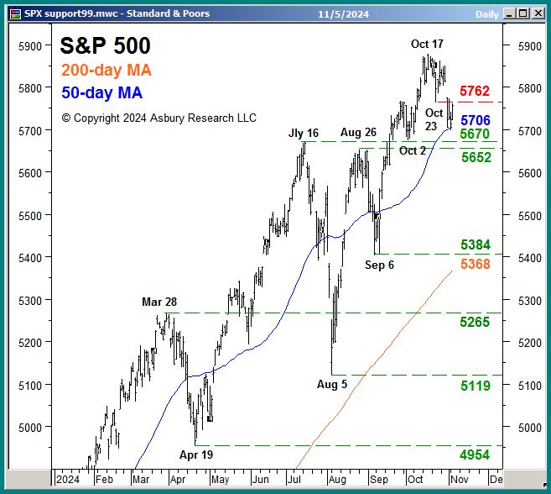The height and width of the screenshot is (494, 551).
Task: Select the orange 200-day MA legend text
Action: coord(107,71)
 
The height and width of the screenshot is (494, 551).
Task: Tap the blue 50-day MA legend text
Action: coord(101,92)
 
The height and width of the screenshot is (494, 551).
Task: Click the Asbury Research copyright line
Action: coord(159,118)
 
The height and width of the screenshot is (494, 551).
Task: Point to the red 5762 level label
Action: coord(475,91)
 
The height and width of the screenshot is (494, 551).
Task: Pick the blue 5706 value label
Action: coord(475,121)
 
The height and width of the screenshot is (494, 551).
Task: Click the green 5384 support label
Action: coord(475,244)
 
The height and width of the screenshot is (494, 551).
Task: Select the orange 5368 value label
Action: coord(475,264)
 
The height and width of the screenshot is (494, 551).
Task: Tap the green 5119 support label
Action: coord(475,386)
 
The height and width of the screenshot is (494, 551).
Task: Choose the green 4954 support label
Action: coord(475,455)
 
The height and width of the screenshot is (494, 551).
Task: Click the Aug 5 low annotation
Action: coord(332,384)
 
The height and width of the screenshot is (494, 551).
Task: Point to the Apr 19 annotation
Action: coord(196,455)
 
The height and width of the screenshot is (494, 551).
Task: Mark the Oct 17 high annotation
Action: coord(427,44)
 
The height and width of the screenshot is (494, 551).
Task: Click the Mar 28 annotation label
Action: coord(159,302)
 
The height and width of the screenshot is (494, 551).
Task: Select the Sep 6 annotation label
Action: coord(379,265)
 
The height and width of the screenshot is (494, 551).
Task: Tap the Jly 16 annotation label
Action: coord(304,133)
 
